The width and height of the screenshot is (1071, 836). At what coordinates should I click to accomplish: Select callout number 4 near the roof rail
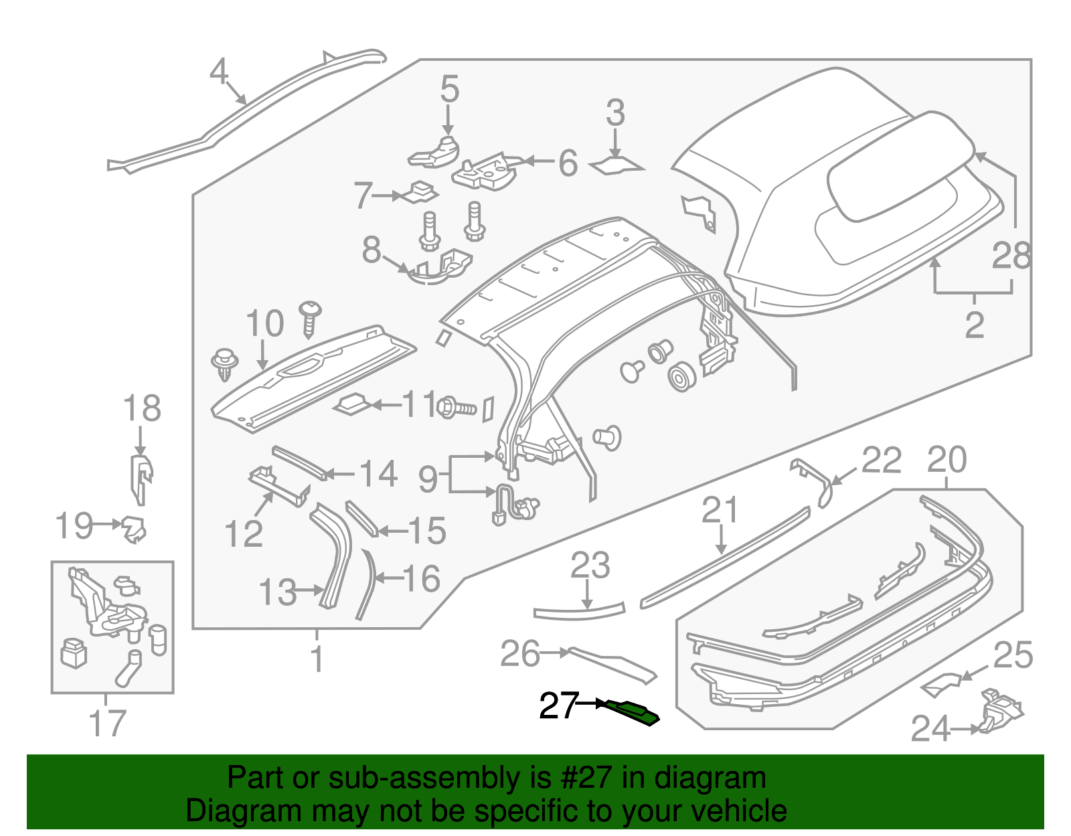point(219,72)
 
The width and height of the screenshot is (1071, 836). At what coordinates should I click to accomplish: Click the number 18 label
point(142,408)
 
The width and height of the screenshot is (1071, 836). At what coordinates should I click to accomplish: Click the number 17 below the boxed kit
point(107,723)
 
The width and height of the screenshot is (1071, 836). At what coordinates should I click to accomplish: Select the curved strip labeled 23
point(579,612)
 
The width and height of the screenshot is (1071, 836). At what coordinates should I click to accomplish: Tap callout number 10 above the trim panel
point(265,324)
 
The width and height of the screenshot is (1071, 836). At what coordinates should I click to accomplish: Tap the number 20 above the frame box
point(946,460)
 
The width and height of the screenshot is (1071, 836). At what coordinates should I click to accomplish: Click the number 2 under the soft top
point(974,325)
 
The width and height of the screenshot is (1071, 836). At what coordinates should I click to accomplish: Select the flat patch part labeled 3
point(616,165)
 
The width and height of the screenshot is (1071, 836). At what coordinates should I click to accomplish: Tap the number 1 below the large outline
point(317,659)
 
